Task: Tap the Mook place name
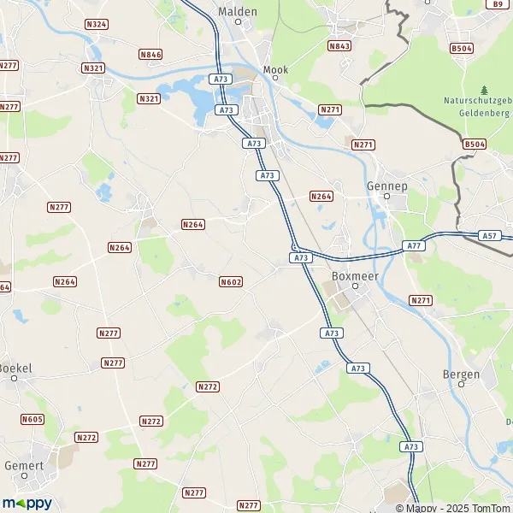(x=276, y=69)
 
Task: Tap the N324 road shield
(x=97, y=24)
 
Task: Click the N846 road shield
(x=150, y=55)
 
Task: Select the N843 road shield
(x=339, y=46)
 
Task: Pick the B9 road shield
(x=498, y=4)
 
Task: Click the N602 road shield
(x=231, y=281)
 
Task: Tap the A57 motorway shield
(x=489, y=235)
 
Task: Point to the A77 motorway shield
(x=415, y=245)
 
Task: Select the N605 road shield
(x=32, y=418)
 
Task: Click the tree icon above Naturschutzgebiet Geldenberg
(x=485, y=90)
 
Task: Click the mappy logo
(x=27, y=504)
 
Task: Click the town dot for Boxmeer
(x=357, y=287)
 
